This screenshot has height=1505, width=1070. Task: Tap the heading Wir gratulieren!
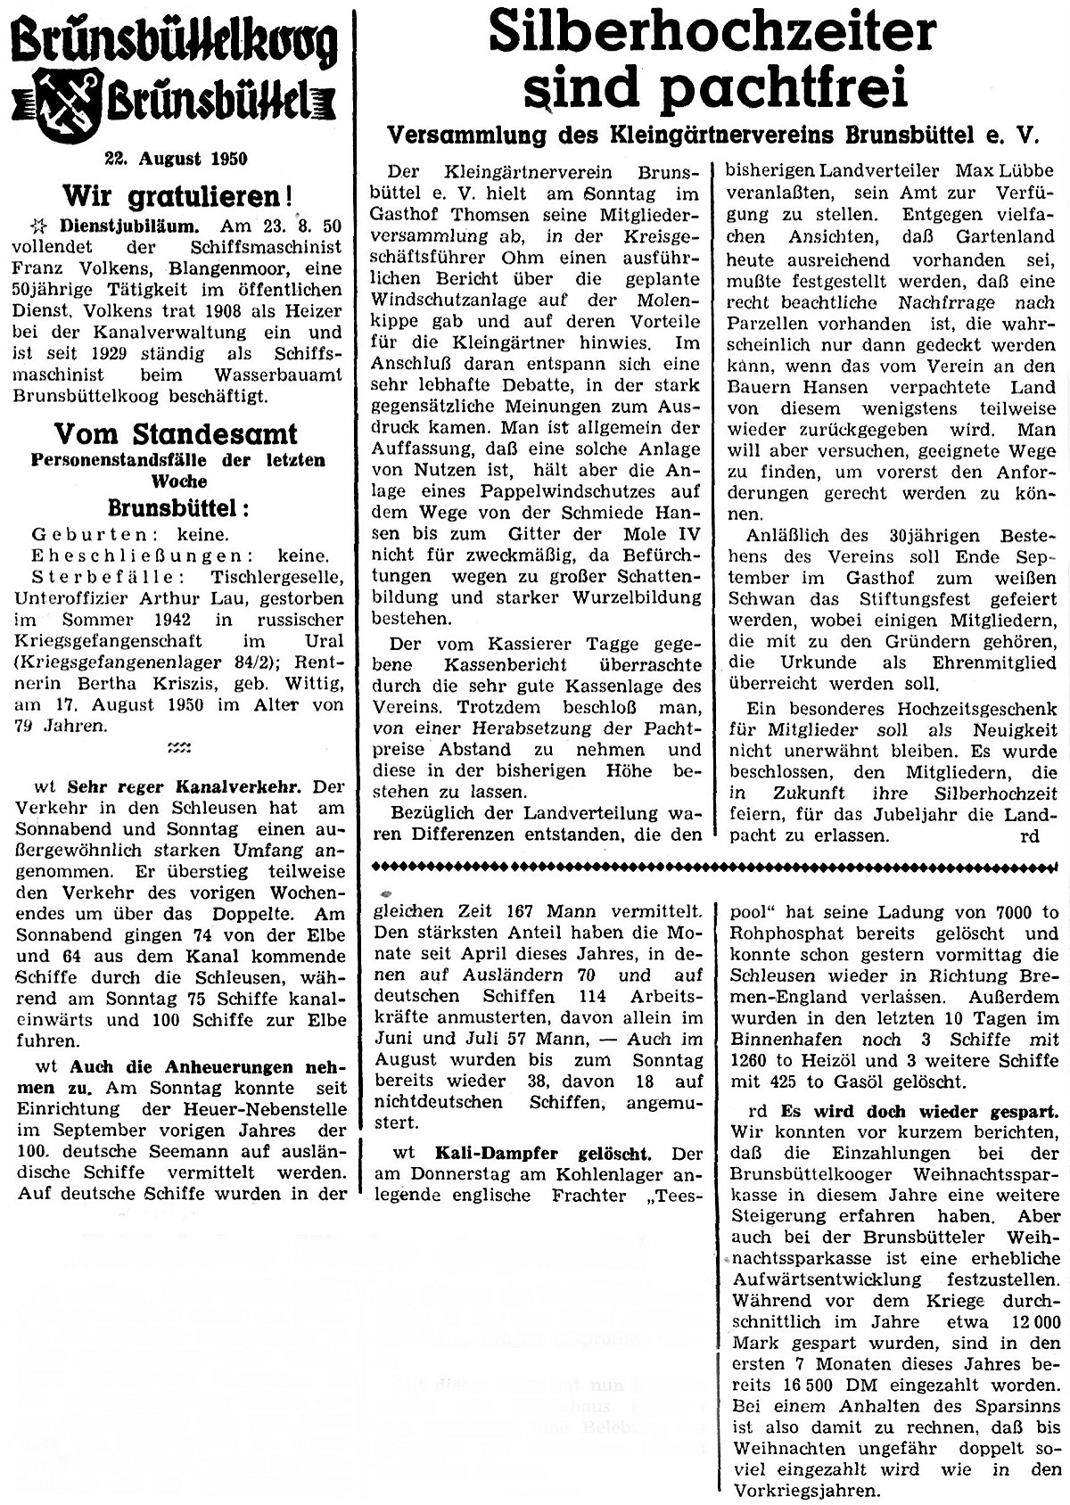click(x=177, y=194)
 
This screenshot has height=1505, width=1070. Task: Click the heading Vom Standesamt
click(x=176, y=434)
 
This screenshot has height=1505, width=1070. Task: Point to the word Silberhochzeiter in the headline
click(x=712, y=32)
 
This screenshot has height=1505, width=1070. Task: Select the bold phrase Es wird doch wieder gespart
click(x=919, y=1112)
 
